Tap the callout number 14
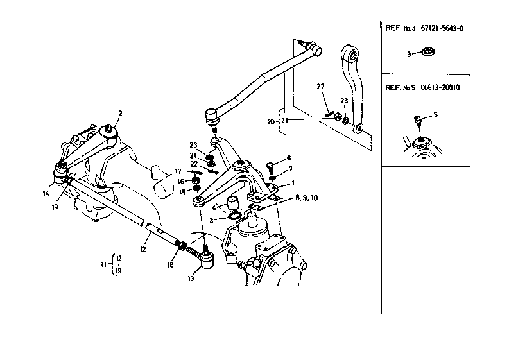point(47,193)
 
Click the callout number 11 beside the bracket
point(104,264)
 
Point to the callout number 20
point(271,121)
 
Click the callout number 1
point(293,182)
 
